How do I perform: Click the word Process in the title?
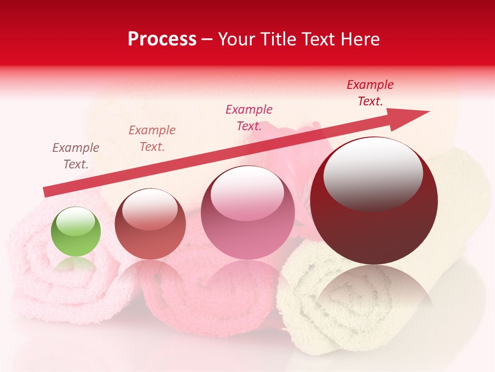(162, 39)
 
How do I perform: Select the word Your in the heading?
(237, 39)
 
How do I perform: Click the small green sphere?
(76, 232)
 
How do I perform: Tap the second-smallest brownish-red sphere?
(150, 225)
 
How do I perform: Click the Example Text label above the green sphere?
(76, 156)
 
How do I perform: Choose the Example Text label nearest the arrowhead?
(370, 93)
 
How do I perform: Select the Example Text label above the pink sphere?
(249, 117)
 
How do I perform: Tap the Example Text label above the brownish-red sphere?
(152, 138)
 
